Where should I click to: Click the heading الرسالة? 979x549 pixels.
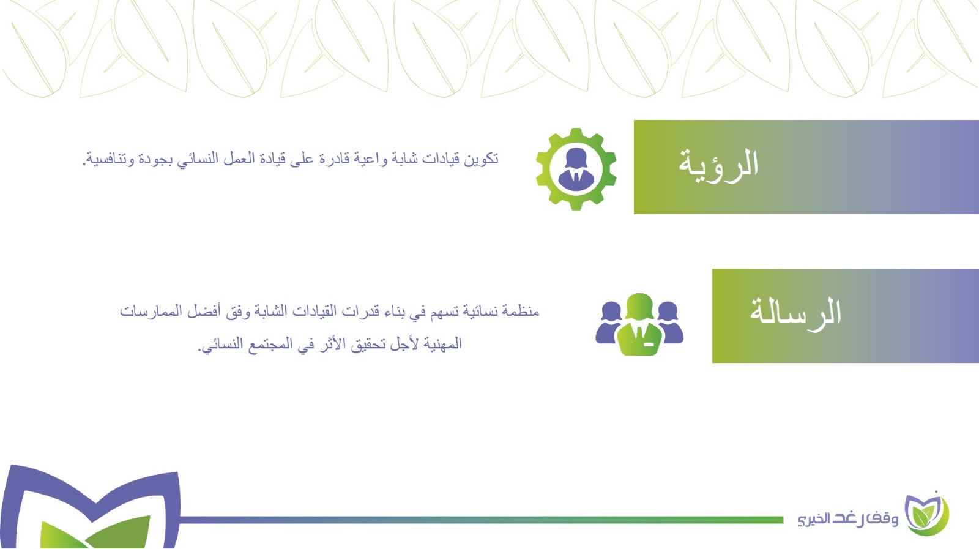pyautogui.click(x=795, y=313)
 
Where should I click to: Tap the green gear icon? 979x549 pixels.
pyautogui.click(x=576, y=169)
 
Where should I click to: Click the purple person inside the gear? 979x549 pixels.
pyautogui.click(x=576, y=169)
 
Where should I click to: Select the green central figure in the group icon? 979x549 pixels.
pyautogui.click(x=639, y=324)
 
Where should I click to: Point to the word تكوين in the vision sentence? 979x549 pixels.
pyautogui.click(x=481, y=159)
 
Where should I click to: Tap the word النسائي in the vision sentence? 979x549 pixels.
pyautogui.click(x=197, y=159)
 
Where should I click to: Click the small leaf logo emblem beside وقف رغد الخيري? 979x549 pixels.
pyautogui.click(x=926, y=515)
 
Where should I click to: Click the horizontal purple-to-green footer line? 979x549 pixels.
pyautogui.click(x=481, y=520)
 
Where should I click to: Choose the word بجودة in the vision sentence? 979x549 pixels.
pyautogui.click(x=154, y=159)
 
